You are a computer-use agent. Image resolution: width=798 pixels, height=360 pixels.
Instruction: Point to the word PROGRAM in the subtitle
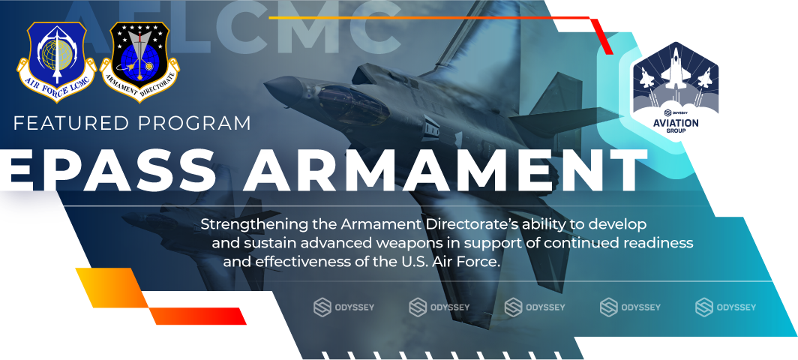[x=199, y=124]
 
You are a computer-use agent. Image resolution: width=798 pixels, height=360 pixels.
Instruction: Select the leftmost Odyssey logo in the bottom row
[x=344, y=307]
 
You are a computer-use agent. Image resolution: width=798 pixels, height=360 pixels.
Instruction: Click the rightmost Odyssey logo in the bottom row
[x=725, y=307]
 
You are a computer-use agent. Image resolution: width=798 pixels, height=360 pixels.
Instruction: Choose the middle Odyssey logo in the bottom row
[x=535, y=307]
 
